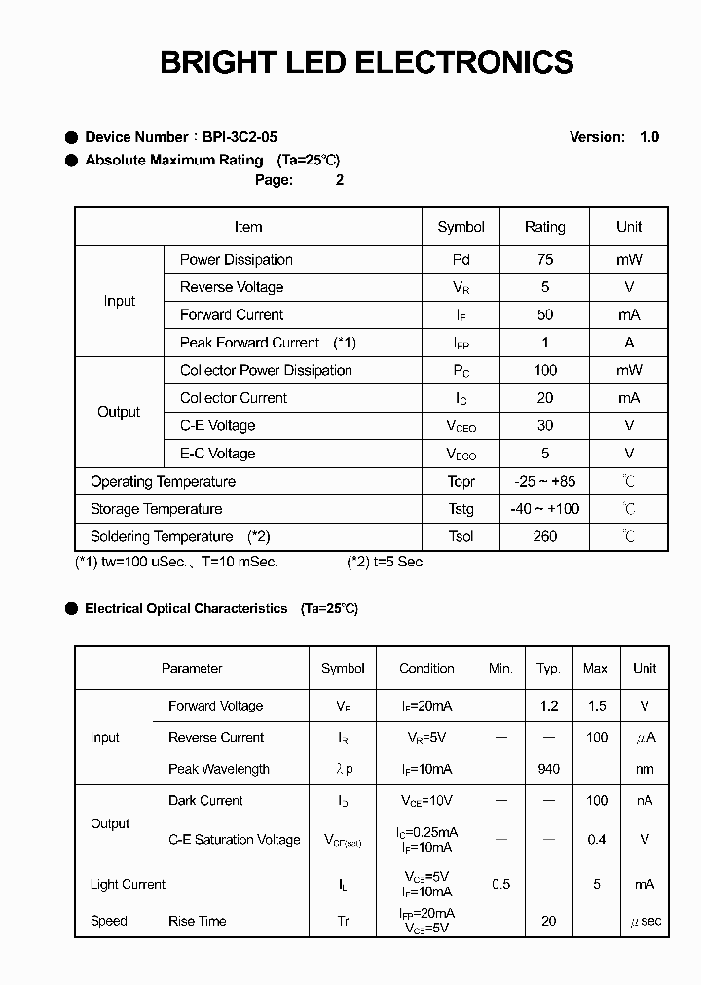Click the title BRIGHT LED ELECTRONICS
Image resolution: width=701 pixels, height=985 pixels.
coord(366,62)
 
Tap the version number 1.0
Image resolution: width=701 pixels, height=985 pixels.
coord(649,137)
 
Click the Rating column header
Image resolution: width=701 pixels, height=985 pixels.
coord(544,227)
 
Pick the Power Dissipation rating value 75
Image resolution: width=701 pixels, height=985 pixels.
coord(545,260)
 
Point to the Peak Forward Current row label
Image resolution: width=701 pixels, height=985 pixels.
coord(249,343)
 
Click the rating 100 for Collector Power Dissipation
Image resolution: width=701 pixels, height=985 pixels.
coord(545,370)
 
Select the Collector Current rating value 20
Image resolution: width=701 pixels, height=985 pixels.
coord(545,398)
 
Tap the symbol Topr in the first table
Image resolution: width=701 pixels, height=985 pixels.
coord(461,482)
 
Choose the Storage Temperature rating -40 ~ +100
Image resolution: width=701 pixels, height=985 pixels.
coord(544,509)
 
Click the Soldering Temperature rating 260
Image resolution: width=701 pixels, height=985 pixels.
coord(545,536)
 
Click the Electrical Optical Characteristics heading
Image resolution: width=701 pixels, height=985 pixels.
coord(186,609)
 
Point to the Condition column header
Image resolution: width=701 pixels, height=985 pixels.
coord(426,669)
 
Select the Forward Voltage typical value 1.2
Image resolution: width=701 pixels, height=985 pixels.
coord(549,706)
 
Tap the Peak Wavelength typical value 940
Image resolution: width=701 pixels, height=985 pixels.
coord(549,769)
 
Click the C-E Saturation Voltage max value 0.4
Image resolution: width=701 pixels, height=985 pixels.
coord(597,839)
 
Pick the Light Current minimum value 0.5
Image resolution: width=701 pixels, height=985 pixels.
coord(501,884)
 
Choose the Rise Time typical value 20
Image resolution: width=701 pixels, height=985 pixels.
coord(549,921)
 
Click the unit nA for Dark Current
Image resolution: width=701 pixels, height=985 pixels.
coord(645,800)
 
